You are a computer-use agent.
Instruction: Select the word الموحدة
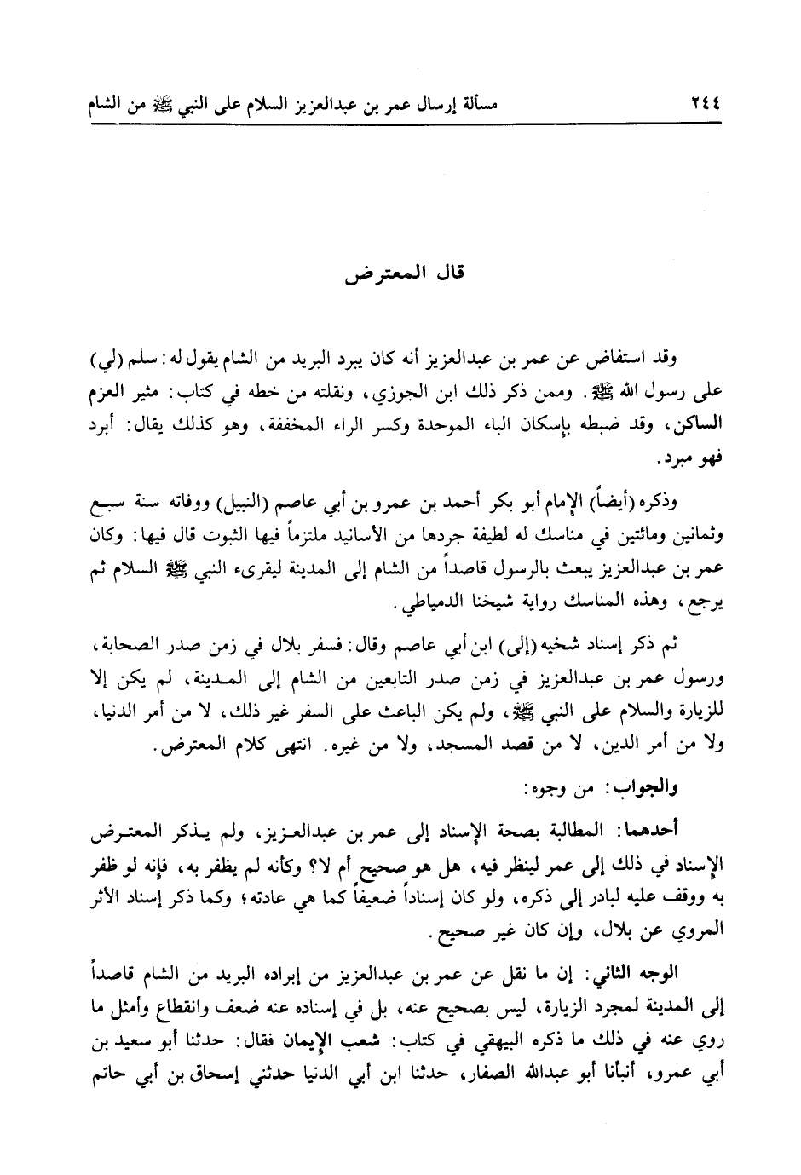[x=441, y=423]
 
